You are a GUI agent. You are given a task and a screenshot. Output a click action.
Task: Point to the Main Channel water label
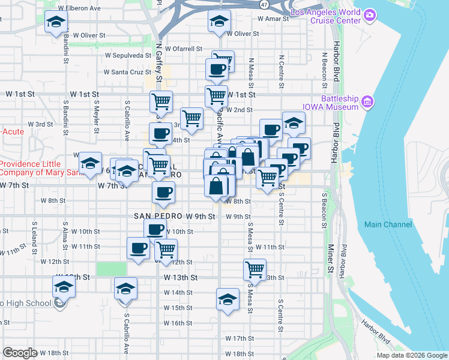click(x=388, y=224)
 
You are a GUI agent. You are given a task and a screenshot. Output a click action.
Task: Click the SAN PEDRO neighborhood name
click(x=158, y=216)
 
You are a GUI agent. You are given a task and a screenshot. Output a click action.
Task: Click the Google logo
click(x=20, y=353)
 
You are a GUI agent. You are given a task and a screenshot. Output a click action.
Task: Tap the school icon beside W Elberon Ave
click(x=56, y=22)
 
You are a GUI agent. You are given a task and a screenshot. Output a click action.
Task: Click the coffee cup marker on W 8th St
click(x=163, y=193)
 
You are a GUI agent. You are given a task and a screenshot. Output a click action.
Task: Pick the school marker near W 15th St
click(x=228, y=298)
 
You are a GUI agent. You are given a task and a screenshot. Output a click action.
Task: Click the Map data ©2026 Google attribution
click(x=411, y=355)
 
